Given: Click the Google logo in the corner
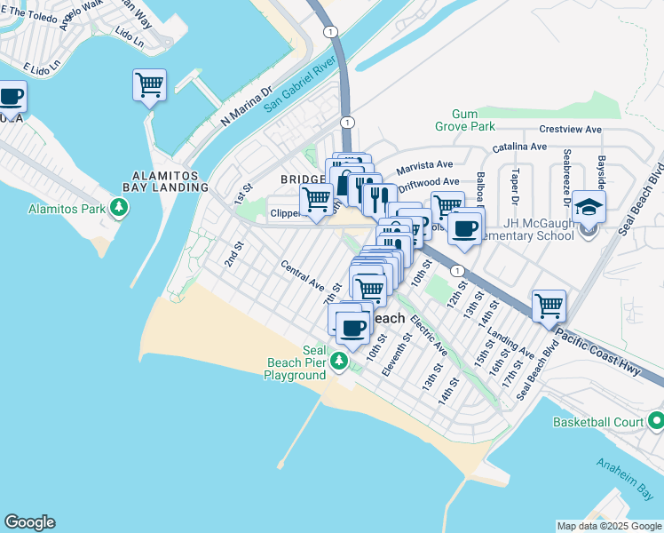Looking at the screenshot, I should [x=29, y=522].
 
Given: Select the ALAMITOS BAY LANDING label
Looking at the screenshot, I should [x=157, y=180].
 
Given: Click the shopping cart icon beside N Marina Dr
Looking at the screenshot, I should [x=150, y=85].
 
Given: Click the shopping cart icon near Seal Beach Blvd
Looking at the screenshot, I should [x=549, y=306].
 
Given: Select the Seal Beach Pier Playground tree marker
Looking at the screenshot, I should [x=339, y=362].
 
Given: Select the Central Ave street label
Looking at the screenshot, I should [x=303, y=275].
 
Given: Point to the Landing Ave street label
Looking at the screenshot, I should [x=510, y=345].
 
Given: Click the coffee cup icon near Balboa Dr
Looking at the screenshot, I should [x=464, y=228].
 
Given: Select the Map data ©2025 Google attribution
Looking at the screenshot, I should [x=609, y=526].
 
